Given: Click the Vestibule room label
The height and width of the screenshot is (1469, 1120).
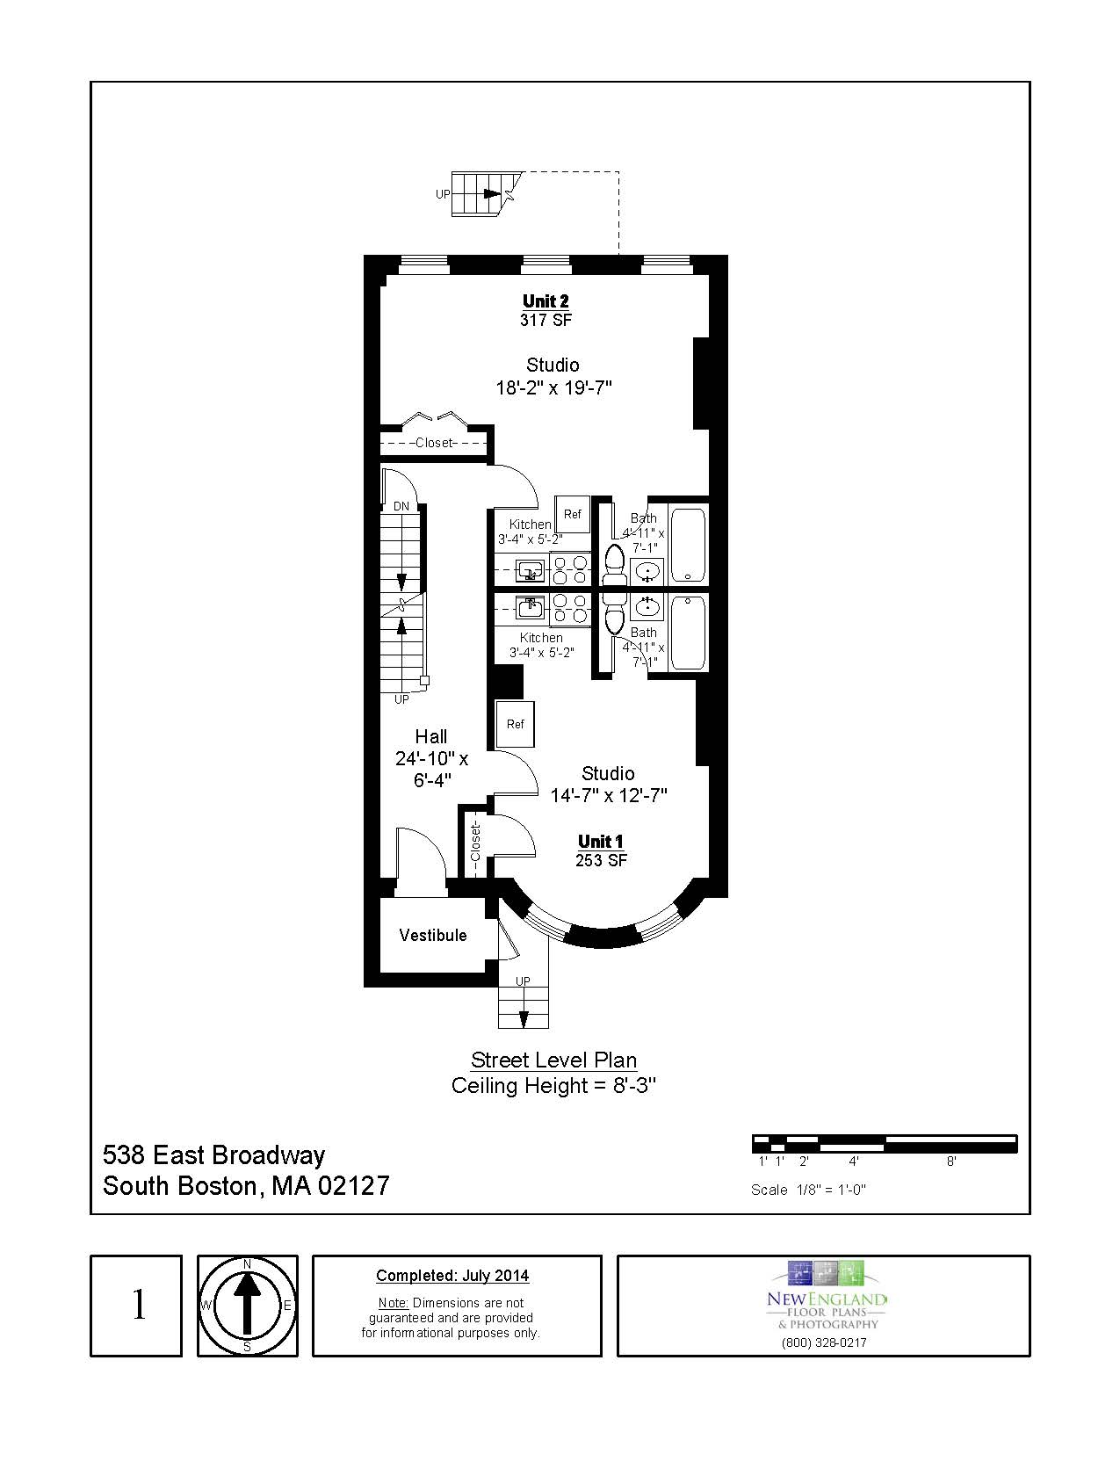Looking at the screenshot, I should (433, 935).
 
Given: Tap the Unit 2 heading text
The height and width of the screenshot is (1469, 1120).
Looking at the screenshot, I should (546, 301).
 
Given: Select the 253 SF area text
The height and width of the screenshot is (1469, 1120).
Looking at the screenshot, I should (601, 861).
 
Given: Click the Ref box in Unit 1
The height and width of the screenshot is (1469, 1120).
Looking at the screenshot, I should (515, 724).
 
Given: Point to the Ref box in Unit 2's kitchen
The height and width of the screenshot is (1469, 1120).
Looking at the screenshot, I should (572, 514).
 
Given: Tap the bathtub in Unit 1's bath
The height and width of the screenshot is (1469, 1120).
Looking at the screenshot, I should (688, 632).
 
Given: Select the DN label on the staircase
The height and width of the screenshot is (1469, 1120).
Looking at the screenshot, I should (401, 507).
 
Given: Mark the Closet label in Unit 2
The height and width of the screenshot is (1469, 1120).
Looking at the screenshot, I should (434, 443).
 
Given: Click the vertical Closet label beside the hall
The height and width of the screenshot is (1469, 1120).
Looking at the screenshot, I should (475, 842).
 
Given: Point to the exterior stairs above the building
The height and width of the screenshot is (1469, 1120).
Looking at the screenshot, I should (479, 194).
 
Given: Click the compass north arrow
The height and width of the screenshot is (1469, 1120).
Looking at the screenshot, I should (247, 1305).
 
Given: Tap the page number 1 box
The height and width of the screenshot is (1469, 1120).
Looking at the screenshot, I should (137, 1306).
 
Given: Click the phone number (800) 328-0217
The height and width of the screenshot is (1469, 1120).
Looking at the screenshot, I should (823, 1342).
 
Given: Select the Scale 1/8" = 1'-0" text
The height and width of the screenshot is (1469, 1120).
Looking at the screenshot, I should (808, 1190).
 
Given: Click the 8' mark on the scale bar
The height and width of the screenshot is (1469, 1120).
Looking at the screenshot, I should (950, 1161).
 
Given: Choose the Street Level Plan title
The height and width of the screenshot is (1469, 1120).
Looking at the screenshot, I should (553, 1060).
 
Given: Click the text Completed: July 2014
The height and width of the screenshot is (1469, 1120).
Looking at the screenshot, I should (452, 1276).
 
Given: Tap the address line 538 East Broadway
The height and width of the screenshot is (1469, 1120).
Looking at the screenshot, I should (214, 1154).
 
